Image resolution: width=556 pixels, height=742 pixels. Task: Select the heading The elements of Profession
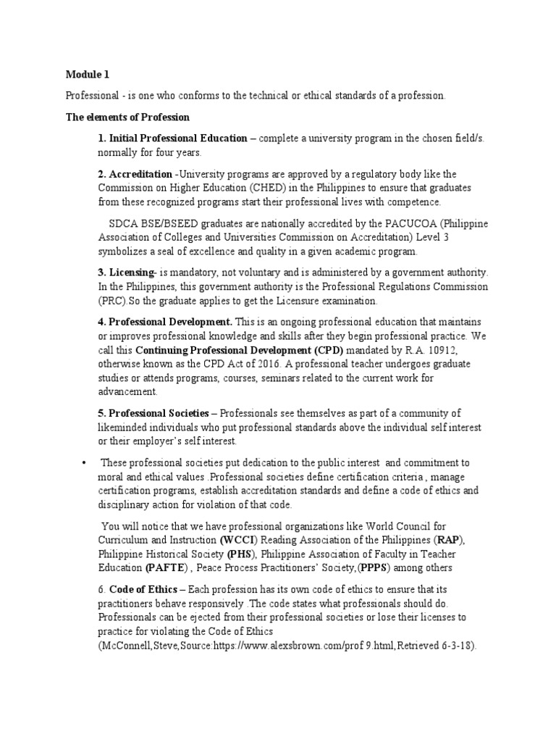pyautogui.click(x=127, y=117)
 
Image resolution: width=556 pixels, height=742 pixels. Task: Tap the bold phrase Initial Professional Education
pyautogui.click(x=177, y=138)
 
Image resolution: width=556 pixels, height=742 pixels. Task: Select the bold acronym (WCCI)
pyautogui.click(x=237, y=539)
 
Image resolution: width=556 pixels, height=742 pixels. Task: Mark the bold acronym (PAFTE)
pyautogui.click(x=167, y=567)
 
